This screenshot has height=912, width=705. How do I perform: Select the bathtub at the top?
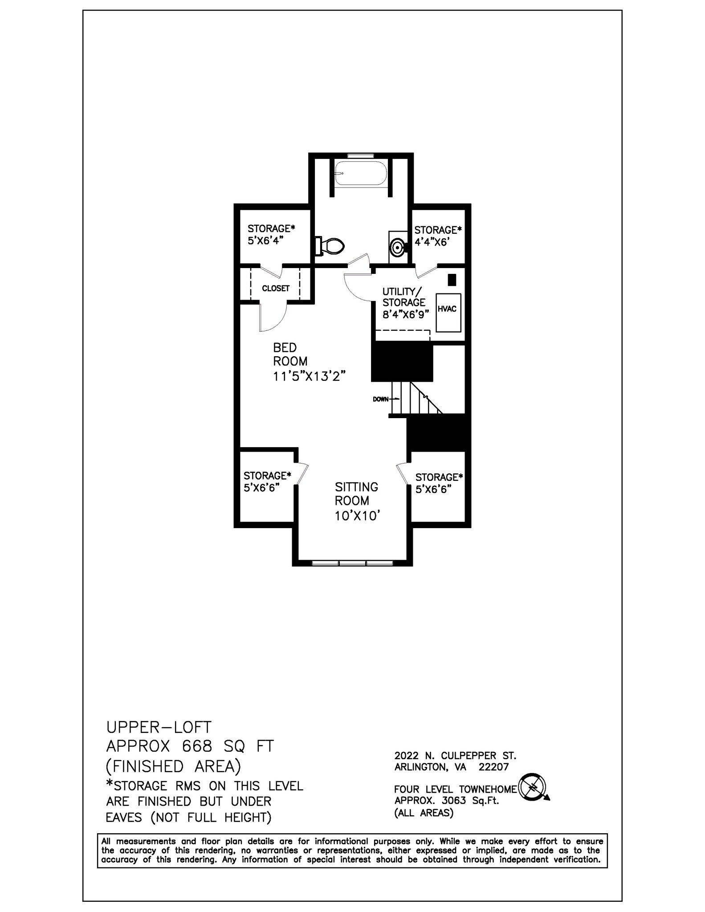pyautogui.click(x=361, y=174)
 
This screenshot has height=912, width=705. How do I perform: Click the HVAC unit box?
pyautogui.click(x=448, y=312)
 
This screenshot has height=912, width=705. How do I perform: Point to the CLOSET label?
pyautogui.click(x=276, y=289)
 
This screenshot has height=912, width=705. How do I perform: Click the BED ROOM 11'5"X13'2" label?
pyautogui.click(x=309, y=362)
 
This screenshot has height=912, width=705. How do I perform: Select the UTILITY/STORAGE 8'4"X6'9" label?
pyautogui.click(x=405, y=303)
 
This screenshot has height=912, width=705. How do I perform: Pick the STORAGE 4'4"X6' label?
pyautogui.click(x=438, y=236)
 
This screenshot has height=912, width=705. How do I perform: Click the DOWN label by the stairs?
pyautogui.click(x=381, y=399)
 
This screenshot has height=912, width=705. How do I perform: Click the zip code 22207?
pyautogui.click(x=493, y=767)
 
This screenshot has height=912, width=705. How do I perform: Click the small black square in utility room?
pyautogui.click(x=452, y=280)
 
